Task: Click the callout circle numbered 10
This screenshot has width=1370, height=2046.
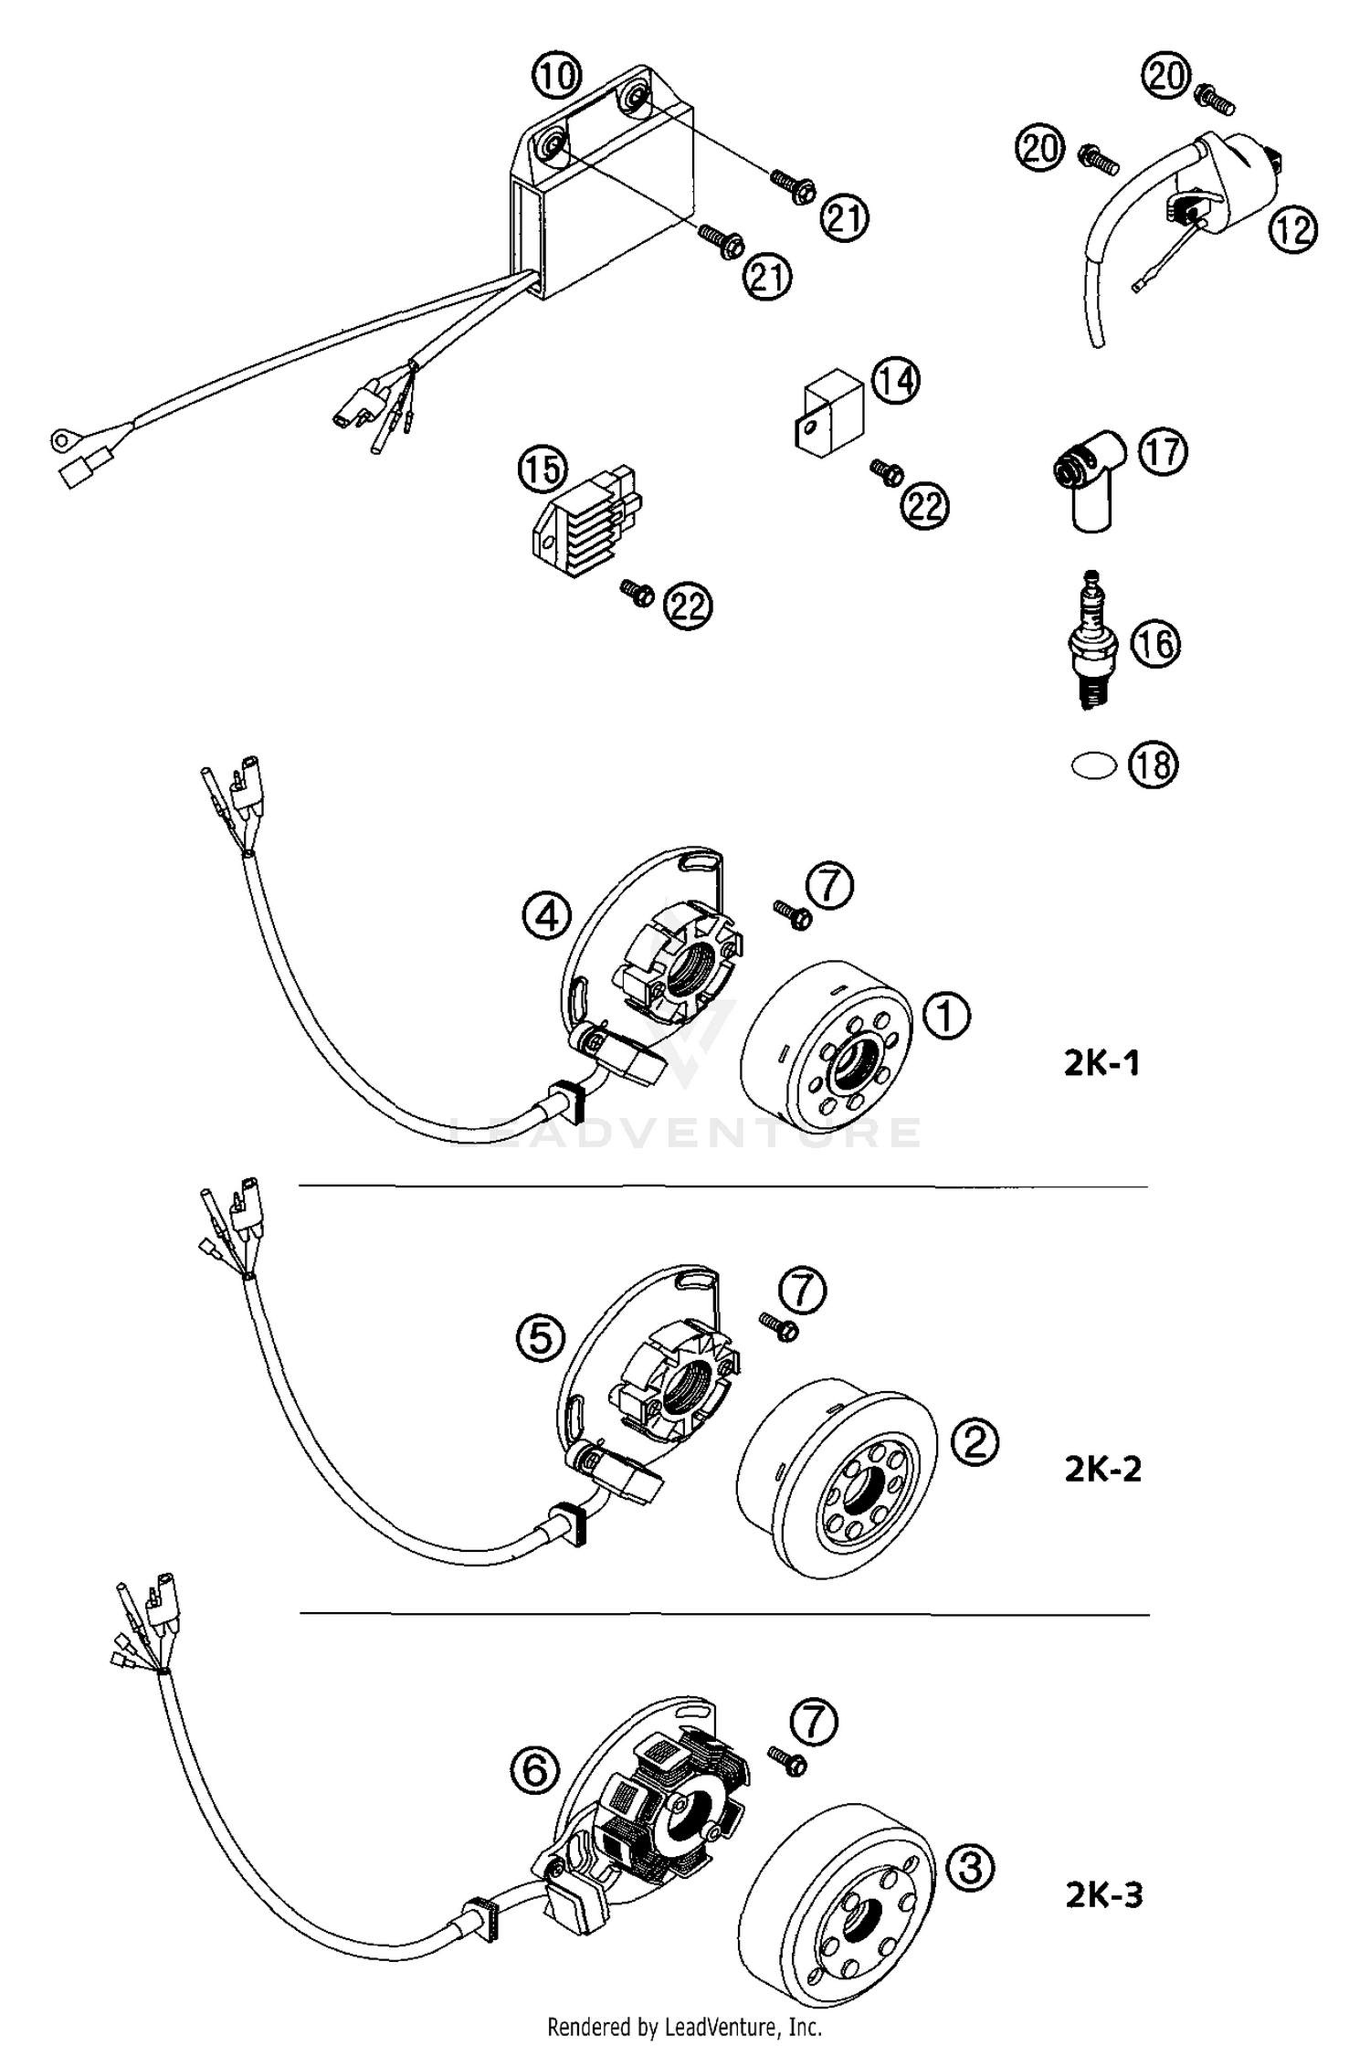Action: (556, 76)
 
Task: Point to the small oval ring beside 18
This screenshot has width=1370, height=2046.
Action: (1093, 765)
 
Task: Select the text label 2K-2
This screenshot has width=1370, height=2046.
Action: (1102, 1469)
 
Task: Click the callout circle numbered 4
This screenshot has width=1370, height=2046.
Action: (547, 916)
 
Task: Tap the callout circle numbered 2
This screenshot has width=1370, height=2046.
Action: (975, 1441)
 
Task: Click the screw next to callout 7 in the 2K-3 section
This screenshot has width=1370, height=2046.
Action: (786, 1777)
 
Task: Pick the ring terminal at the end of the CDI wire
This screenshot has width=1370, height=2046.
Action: (60, 442)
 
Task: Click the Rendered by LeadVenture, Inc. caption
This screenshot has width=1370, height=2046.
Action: (684, 2027)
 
